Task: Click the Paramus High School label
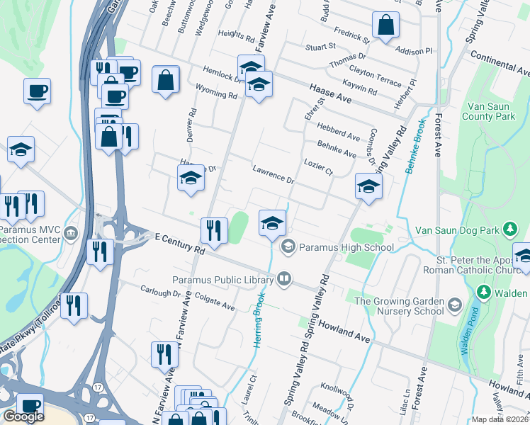[x=346, y=247]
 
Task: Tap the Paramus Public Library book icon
[x=284, y=277]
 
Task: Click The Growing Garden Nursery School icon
[x=453, y=306]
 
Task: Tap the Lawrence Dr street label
[x=273, y=174]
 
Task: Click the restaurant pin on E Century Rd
[x=212, y=229]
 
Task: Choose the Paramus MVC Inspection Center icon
[x=71, y=233]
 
